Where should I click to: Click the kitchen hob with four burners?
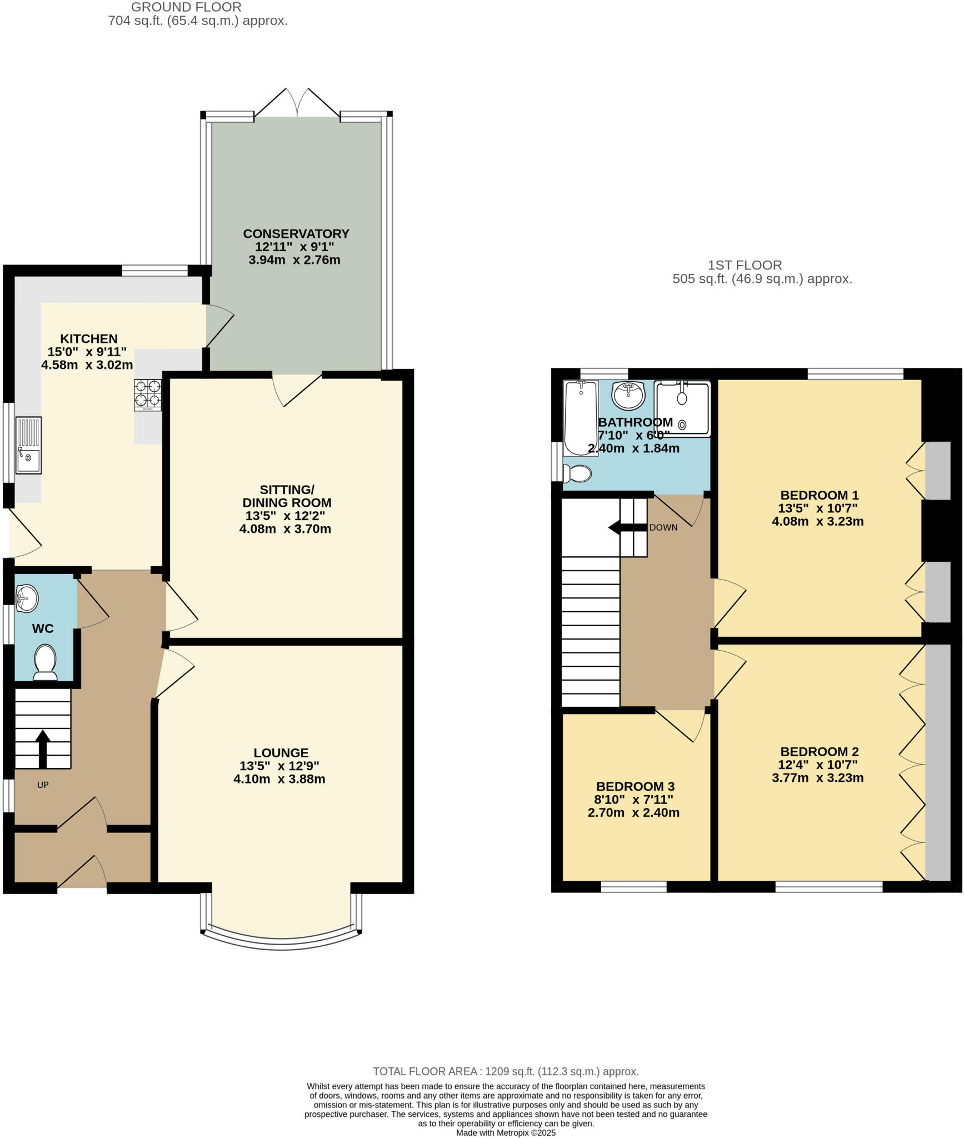pyautogui.click(x=148, y=395)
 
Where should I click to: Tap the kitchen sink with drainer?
pyautogui.click(x=28, y=445)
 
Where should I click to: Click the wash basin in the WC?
pyautogui.click(x=27, y=598)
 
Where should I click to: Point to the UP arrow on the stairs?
pyautogui.click(x=43, y=748)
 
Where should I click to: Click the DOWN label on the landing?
pyautogui.click(x=663, y=527)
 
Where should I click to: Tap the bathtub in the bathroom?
pyautogui.click(x=581, y=417)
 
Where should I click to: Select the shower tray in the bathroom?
pyautogui.click(x=682, y=407)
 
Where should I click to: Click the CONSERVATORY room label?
pyautogui.click(x=296, y=233)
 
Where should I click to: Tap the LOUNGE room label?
pyautogui.click(x=281, y=752)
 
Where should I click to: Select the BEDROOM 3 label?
pyautogui.click(x=635, y=786)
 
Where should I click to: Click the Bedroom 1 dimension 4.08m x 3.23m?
pyautogui.click(x=817, y=521)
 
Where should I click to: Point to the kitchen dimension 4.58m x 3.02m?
pyautogui.click(x=87, y=365)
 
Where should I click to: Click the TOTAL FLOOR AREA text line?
pyautogui.click(x=506, y=1071)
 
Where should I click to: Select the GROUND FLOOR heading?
pyautogui.click(x=186, y=7)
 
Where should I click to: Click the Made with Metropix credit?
pyautogui.click(x=506, y=1132)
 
